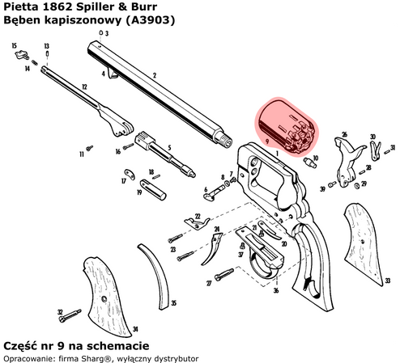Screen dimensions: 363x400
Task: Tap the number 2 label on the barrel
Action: coord(154,76)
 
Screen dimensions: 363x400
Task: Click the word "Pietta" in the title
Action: coord(20,7)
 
